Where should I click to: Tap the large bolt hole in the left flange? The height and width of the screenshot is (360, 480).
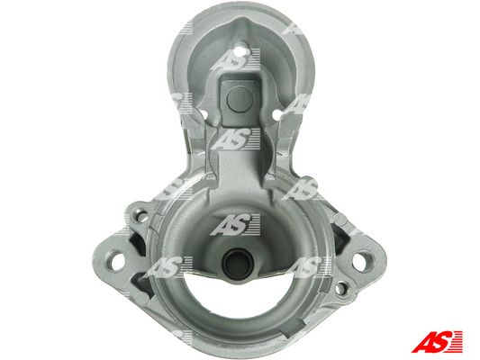[x=118, y=262]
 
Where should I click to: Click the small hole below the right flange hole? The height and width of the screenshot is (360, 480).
[x=340, y=288]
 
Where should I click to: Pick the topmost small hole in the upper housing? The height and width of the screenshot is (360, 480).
[x=242, y=49]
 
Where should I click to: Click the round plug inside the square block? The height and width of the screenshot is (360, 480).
[x=240, y=99]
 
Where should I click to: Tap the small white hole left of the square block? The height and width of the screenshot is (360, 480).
[x=203, y=115]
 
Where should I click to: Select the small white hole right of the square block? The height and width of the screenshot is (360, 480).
[x=276, y=115]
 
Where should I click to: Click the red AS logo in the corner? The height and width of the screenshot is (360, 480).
[x=437, y=342]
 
